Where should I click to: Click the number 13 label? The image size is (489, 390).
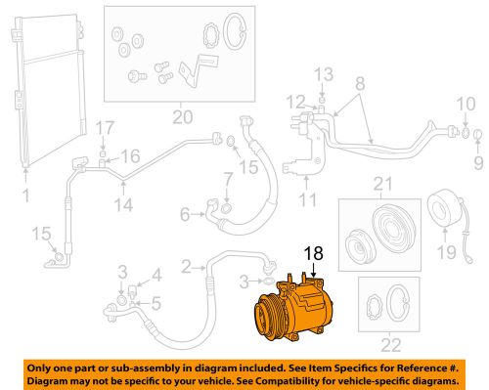tap(324, 74)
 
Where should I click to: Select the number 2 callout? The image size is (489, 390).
tap(186, 266)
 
